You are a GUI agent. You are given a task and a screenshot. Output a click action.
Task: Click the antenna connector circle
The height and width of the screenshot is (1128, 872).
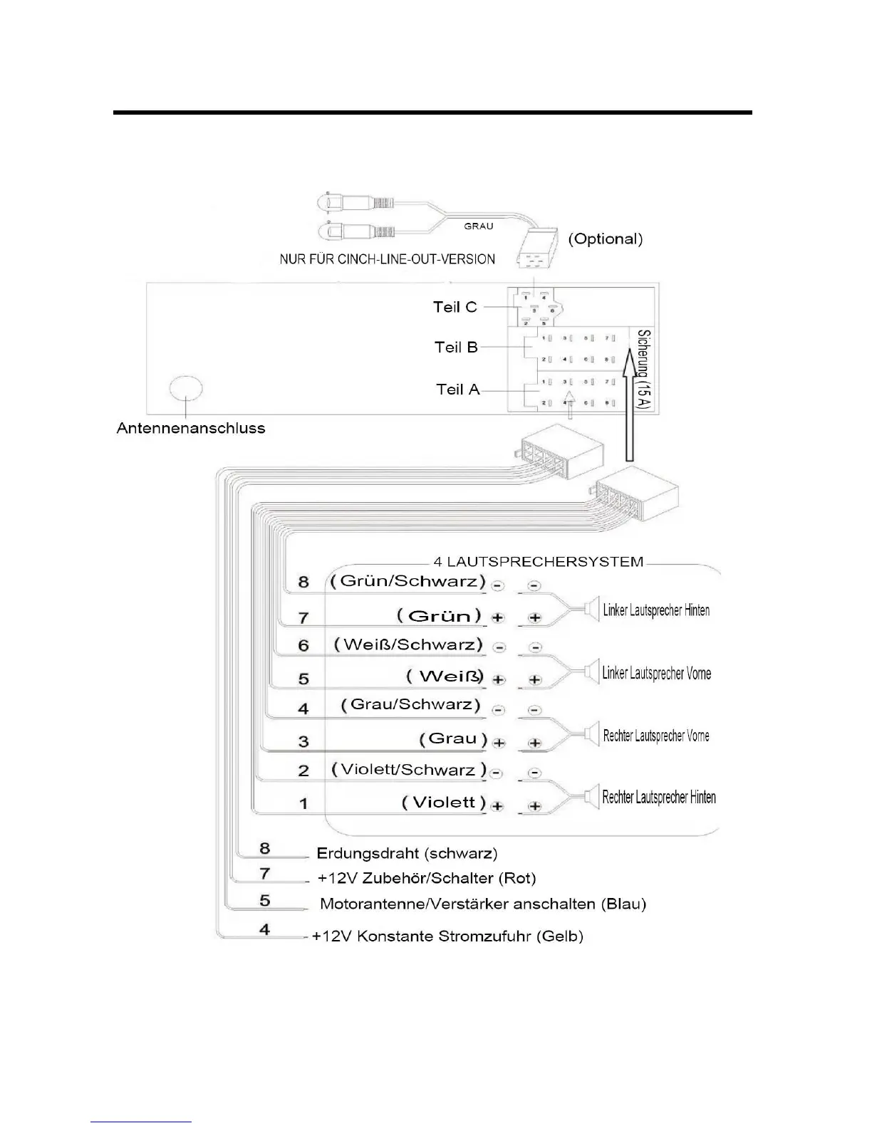point(186,390)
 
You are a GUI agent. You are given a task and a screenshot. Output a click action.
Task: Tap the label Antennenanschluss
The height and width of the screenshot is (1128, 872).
point(191,429)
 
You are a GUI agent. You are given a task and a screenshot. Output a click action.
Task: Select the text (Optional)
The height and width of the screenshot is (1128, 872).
point(605,239)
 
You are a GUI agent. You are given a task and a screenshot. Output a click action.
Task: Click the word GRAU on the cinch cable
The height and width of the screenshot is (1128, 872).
point(479,226)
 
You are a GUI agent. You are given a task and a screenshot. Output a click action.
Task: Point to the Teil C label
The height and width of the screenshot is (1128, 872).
point(455,307)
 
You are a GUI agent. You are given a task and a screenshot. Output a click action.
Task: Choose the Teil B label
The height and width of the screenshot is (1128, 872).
point(456,348)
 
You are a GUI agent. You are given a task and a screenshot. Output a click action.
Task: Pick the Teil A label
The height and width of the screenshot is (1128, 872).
point(458,390)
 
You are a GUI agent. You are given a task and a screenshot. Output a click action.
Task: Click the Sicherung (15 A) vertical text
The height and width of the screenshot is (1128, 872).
point(643,370)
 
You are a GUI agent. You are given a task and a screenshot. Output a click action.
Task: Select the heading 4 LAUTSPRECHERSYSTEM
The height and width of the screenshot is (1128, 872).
point(539,562)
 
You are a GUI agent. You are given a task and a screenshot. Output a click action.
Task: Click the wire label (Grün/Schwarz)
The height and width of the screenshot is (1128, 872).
point(408,580)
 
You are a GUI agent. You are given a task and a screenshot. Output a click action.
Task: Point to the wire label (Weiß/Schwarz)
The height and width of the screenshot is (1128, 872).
point(408,644)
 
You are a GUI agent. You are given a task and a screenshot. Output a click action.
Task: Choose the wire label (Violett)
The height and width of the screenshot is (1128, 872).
point(444,803)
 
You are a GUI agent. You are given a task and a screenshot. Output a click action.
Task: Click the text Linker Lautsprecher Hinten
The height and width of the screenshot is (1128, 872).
point(656,610)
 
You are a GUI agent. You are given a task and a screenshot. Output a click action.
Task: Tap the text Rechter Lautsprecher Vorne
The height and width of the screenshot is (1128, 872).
point(656,736)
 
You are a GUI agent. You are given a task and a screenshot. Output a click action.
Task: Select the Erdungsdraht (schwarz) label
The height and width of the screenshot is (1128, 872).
point(407,853)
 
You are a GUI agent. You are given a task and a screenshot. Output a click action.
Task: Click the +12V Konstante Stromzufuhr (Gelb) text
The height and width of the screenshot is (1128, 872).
point(447,936)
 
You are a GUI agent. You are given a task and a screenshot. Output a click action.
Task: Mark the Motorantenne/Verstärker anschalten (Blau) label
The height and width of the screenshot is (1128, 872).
point(483,904)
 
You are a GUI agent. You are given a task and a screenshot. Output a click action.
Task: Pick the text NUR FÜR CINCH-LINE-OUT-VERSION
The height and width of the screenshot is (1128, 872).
point(387,259)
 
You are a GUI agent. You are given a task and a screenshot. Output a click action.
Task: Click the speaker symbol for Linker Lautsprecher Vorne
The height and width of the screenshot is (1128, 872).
point(591,672)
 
